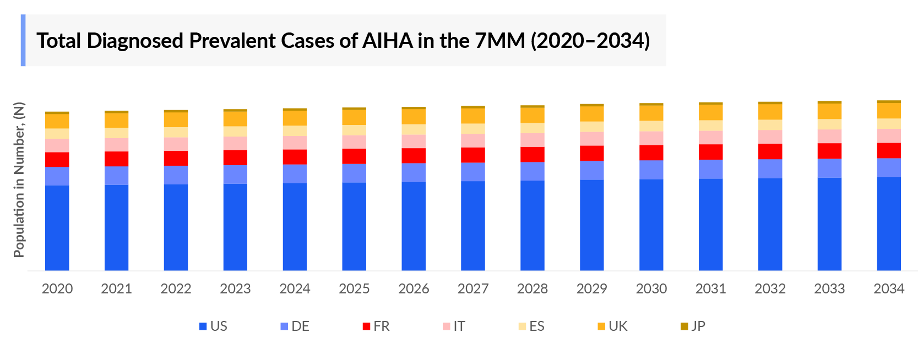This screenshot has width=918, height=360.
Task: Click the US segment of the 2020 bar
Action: click(x=57, y=228)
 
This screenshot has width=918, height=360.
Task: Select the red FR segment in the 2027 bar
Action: click(x=473, y=155)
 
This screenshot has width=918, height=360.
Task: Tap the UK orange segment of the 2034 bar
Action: click(x=889, y=111)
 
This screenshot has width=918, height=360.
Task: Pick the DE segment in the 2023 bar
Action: click(x=235, y=174)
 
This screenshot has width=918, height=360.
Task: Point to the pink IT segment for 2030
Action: click(x=651, y=138)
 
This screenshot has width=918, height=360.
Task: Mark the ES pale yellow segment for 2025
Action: click(x=354, y=130)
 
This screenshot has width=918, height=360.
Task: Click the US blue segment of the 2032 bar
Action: click(x=770, y=224)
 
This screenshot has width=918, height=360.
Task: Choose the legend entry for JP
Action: click(x=693, y=326)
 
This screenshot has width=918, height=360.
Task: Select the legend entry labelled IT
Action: click(x=454, y=326)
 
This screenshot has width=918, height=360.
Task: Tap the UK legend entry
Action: click(x=612, y=326)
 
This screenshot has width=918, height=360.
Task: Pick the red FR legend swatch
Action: click(x=366, y=326)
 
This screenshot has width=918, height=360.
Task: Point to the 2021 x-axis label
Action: click(x=116, y=288)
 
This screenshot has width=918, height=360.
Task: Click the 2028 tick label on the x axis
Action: click(x=532, y=288)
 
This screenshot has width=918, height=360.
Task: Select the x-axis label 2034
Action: click(x=889, y=288)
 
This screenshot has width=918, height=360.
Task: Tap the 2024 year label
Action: click(x=295, y=288)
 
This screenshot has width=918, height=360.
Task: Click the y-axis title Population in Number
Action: click(x=19, y=179)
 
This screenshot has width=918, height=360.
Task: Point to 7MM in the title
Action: click(x=499, y=41)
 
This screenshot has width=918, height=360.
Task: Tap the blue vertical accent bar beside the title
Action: click(x=23, y=40)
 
